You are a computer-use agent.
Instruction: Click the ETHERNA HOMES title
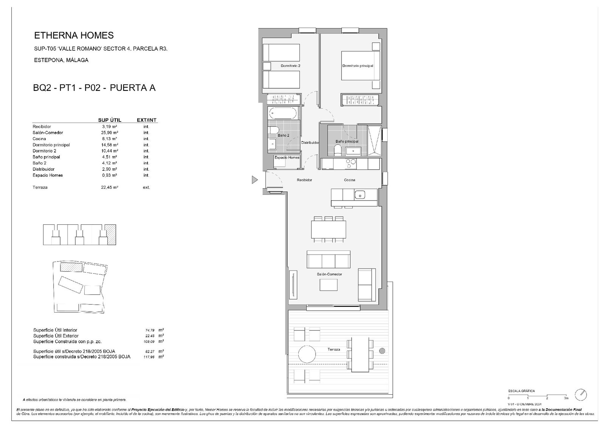coord(74,36)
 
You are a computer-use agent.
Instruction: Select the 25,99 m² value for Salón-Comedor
coord(110,133)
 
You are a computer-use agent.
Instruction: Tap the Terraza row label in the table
coord(40,187)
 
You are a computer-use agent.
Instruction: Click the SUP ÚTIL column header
coord(110,120)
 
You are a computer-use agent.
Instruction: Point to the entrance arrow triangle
coord(254,180)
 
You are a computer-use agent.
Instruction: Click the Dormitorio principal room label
coord(357,66)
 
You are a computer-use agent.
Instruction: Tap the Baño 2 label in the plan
coord(283,135)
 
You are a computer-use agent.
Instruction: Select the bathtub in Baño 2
coord(283,113)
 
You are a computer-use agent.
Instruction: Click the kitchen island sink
coord(360,195)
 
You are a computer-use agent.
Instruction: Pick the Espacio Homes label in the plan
coord(287,157)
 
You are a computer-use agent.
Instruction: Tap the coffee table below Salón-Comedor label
coord(328,285)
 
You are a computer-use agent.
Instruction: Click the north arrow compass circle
coord(580,394)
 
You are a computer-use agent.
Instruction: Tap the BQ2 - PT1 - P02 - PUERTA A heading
coord(94,88)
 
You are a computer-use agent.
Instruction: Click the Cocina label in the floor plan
coord(349,180)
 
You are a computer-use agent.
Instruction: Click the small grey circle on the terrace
coord(382,351)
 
